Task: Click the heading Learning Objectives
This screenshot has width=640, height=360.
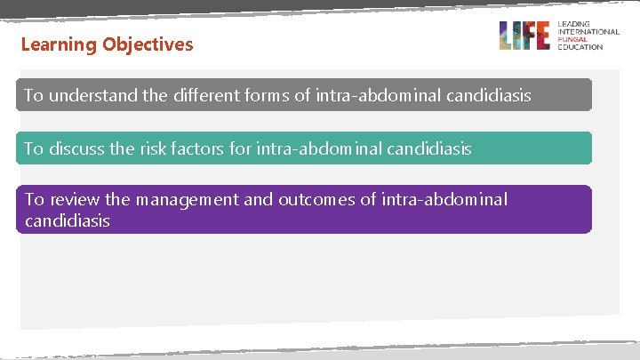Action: pos(107,44)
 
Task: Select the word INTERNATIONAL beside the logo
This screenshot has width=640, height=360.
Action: pos(588,32)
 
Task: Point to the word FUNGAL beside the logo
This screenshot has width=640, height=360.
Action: pos(573,39)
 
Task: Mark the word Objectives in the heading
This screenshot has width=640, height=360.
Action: pos(148,44)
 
